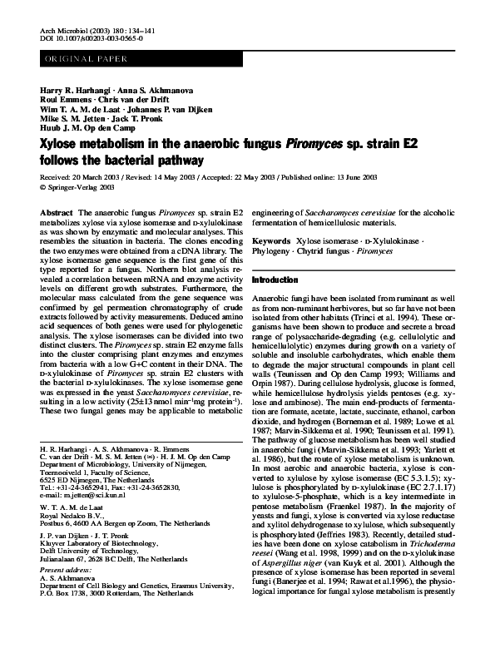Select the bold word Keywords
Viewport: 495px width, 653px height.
coord(273,240)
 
